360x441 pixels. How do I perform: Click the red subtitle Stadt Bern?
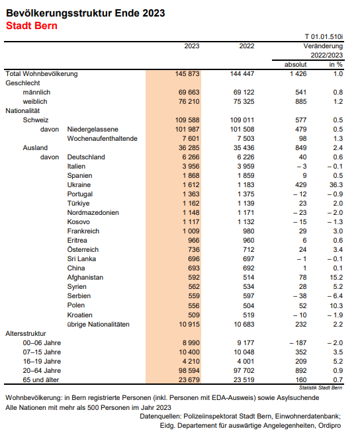coord(32,26)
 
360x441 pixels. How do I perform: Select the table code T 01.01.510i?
coord(324,37)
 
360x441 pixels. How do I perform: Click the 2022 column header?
coord(247,46)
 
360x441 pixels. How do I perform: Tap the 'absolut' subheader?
coord(295,64)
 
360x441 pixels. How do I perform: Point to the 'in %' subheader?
coord(336,64)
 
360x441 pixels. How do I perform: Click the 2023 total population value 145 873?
coord(187,73)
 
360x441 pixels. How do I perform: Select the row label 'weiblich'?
coord(35,102)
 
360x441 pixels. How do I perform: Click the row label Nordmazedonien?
coord(93,213)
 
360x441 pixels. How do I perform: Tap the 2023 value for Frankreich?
coord(191,231)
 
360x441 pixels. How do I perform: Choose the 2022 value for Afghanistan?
coord(249,277)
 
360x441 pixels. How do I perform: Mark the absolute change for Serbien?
coord(300,296)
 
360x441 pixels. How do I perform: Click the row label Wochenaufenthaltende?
coord(102,139)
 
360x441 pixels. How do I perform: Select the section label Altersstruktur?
coord(26,334)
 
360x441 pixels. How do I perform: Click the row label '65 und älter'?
coord(41,380)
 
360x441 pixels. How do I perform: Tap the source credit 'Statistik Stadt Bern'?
coord(320,388)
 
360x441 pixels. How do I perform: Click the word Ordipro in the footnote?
coord(330,426)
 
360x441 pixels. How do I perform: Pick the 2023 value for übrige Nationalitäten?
coord(189,324)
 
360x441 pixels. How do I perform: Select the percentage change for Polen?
coord(336,305)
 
